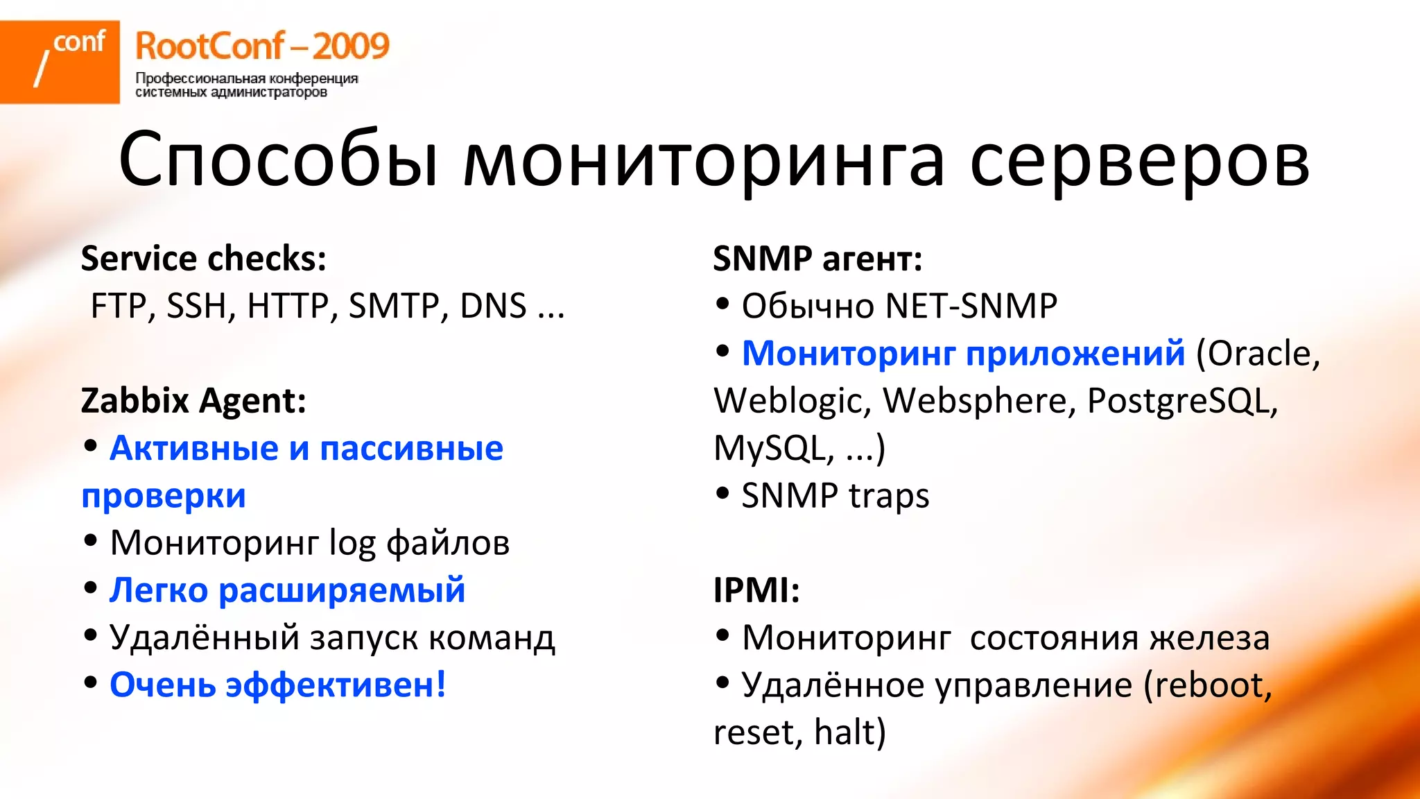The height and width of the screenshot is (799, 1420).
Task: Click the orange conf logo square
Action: (x=60, y=62)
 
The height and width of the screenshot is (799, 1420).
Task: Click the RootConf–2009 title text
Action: (x=262, y=46)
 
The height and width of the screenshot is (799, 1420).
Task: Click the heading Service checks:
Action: (x=204, y=259)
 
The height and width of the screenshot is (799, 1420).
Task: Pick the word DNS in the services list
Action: (x=493, y=306)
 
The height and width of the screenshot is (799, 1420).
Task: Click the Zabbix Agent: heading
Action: (x=193, y=401)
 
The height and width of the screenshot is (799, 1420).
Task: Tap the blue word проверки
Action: (x=164, y=496)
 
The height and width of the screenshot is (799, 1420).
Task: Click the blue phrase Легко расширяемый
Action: (x=287, y=590)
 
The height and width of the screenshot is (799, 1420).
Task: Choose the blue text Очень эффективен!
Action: (x=278, y=685)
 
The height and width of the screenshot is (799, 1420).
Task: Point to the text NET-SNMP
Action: (x=971, y=306)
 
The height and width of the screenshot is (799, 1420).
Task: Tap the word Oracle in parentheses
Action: (x=1259, y=354)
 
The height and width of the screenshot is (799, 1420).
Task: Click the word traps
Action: (x=888, y=496)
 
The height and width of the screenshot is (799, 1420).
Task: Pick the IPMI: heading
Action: (x=756, y=590)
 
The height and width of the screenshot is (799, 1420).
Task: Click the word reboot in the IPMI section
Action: (x=1210, y=685)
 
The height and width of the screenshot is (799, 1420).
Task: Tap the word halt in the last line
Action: (x=849, y=732)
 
